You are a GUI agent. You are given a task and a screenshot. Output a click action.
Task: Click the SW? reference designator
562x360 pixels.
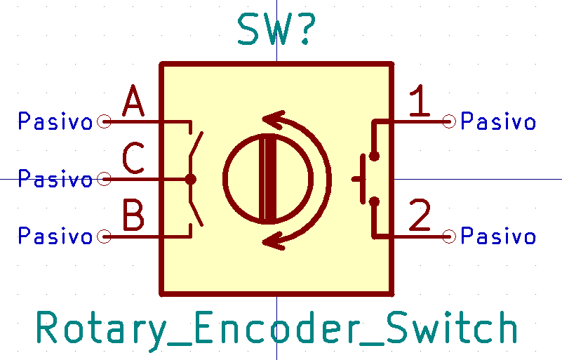pyautogui.click(x=276, y=30)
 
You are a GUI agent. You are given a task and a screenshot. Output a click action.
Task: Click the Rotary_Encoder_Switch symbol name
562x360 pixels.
pyautogui.click(x=277, y=329)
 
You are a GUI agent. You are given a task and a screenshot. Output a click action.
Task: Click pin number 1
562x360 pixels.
pyautogui.click(x=420, y=102)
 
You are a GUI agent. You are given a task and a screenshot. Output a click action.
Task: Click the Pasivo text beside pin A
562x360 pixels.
pyautogui.click(x=55, y=122)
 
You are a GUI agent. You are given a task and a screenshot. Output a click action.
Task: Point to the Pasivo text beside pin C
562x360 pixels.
pyautogui.click(x=55, y=179)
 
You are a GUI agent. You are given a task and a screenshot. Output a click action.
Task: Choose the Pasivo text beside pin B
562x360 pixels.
pyautogui.click(x=55, y=236)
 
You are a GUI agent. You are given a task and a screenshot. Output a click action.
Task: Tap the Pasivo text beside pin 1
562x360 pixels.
pyautogui.click(x=498, y=122)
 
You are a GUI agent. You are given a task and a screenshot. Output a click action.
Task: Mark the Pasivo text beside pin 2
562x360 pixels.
pyautogui.click(x=498, y=236)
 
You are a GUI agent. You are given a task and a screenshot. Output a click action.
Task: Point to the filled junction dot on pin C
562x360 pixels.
pyautogui.click(x=190, y=179)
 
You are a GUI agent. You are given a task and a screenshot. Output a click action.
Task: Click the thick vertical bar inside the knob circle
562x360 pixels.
pyautogui.click(x=268, y=179)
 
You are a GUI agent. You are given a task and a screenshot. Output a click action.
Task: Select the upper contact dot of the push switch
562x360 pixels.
pyautogui.click(x=374, y=156)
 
